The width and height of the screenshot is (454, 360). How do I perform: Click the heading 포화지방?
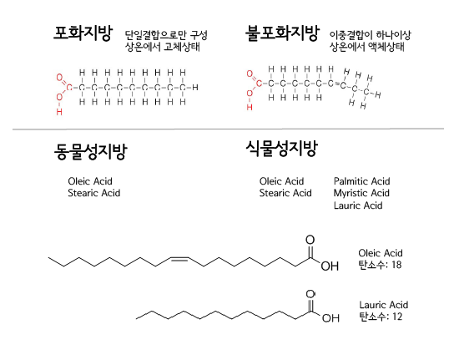(x=83, y=33)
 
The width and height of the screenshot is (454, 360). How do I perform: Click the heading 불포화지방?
(x=282, y=33)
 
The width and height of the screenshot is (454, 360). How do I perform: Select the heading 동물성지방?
(x=91, y=150)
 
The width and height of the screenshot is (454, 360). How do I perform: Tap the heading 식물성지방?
(x=282, y=148)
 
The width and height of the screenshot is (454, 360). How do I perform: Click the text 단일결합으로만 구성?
(x=166, y=35)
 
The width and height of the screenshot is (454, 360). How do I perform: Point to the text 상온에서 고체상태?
(x=163, y=47)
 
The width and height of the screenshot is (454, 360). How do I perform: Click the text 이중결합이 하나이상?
(x=371, y=35)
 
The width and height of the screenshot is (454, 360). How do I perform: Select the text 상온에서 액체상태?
(x=367, y=47)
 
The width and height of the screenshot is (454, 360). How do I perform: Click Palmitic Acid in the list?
(x=362, y=181)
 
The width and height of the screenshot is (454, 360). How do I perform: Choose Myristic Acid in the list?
(x=361, y=193)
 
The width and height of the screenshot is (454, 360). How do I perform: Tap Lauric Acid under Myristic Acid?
(x=358, y=205)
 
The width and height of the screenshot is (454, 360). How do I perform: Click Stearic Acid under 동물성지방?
(x=94, y=193)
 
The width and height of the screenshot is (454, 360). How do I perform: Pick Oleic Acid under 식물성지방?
(x=282, y=181)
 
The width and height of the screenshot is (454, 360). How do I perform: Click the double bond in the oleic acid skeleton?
(x=179, y=259)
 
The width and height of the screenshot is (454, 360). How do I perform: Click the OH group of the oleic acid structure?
(x=330, y=266)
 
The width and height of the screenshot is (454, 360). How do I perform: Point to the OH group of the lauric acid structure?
(x=330, y=318)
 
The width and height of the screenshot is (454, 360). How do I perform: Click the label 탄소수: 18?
(x=380, y=265)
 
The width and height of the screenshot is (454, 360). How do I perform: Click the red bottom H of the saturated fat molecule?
(x=59, y=112)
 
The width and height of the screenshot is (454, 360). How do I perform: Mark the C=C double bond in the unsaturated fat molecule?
(x=336, y=84)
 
